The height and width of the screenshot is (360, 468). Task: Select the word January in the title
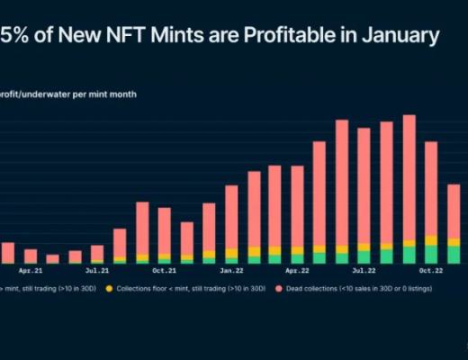click(398, 36)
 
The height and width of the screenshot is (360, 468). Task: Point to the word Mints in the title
click(178, 36)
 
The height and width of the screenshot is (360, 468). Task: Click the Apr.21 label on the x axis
click(31, 269)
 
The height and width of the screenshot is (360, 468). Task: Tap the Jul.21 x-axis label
click(97, 269)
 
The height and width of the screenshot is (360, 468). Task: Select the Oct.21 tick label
click(164, 269)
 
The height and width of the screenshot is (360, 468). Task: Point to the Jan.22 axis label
click(231, 269)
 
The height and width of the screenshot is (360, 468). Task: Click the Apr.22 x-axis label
click(297, 269)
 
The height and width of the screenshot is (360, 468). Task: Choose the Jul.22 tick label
click(364, 269)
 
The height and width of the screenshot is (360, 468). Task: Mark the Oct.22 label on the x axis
click(431, 269)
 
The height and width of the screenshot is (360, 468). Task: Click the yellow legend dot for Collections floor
click(109, 289)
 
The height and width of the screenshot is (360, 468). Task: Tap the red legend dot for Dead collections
click(279, 289)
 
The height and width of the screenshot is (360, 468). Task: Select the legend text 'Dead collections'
click(311, 289)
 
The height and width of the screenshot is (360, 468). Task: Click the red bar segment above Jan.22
click(231, 216)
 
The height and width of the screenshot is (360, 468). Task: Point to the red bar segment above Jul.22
click(364, 184)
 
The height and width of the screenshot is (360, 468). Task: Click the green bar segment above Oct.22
click(431, 255)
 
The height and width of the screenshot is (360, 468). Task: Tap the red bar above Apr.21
click(31, 256)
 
